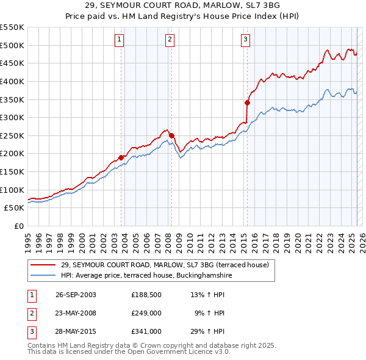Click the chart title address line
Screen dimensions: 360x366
tap(182, 5)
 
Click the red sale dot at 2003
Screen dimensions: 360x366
tap(121, 157)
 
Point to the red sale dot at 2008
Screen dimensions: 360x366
tap(171, 135)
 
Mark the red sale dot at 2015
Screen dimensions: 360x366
tap(247, 103)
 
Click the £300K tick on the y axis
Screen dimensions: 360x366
tap(12, 117)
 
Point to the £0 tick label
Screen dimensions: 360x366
tap(18, 226)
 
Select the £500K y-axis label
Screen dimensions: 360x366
tap(12, 45)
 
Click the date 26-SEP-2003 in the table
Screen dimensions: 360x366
tap(76, 295)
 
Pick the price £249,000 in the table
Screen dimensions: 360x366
tap(146, 313)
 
